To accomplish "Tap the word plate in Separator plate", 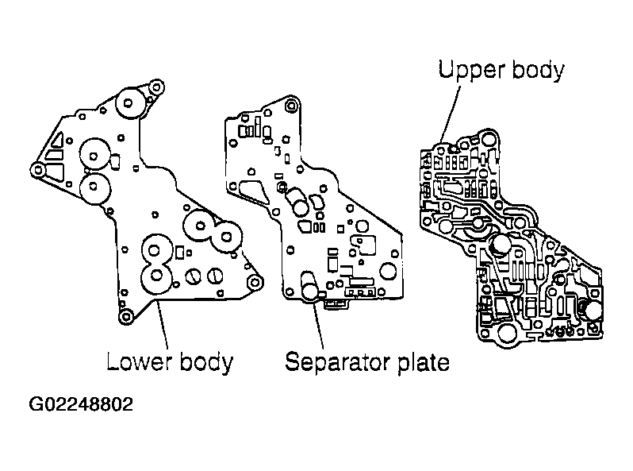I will coord(420,363).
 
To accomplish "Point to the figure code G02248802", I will coord(81,404).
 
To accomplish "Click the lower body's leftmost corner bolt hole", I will coord(35,168).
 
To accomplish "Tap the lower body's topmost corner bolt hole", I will coord(156,86).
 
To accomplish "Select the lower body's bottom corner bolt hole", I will coord(125,318).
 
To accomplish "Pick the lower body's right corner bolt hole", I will coord(254,283).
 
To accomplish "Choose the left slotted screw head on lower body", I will coord(193,277).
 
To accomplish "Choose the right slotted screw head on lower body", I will coord(214,276).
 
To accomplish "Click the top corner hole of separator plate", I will coord(293,104).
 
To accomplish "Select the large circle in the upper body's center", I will coord(501,244).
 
